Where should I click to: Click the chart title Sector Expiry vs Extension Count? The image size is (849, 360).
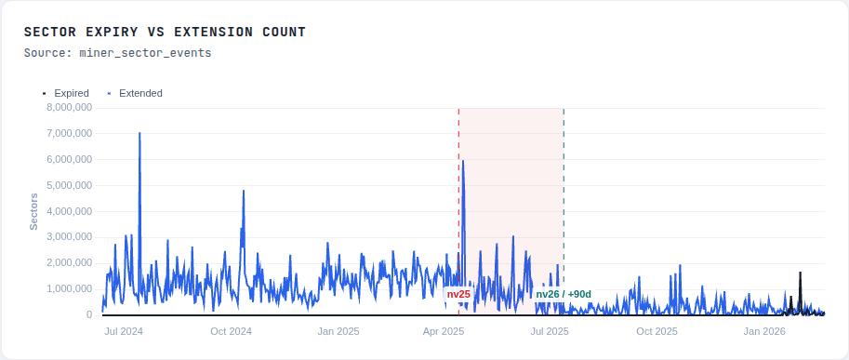[x=165, y=33]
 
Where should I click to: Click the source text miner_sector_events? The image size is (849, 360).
[x=118, y=53]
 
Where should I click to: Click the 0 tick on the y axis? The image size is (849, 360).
[x=87, y=315]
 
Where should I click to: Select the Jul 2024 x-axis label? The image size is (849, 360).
[x=124, y=331]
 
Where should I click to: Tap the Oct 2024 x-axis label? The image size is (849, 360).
[x=232, y=331]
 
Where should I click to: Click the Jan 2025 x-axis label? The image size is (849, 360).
[x=338, y=331]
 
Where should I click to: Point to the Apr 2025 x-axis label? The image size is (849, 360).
[x=444, y=331]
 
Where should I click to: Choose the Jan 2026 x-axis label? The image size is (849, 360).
[x=765, y=331]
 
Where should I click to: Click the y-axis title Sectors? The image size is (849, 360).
[x=34, y=211]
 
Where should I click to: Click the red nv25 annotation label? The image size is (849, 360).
[x=458, y=294]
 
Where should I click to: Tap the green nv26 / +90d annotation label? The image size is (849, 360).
[x=564, y=294]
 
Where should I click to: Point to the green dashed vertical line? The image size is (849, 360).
[x=564, y=186]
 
